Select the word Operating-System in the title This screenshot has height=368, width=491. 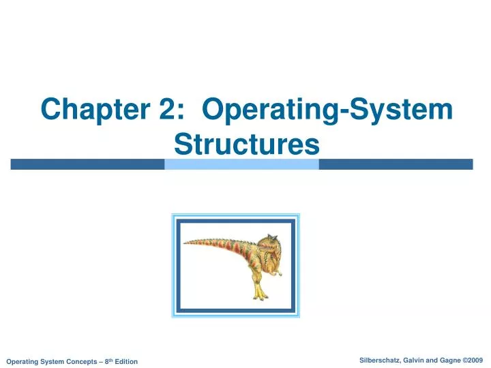coord(328,109)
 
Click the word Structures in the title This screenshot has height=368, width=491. coord(247,144)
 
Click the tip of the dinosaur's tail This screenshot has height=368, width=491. coord(185,241)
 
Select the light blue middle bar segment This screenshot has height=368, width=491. coord(241,164)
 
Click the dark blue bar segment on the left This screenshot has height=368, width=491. coord(87,164)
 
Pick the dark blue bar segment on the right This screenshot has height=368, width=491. coord(396,164)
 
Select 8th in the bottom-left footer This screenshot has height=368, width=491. coord(104,361)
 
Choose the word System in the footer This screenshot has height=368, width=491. coord(51,361)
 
